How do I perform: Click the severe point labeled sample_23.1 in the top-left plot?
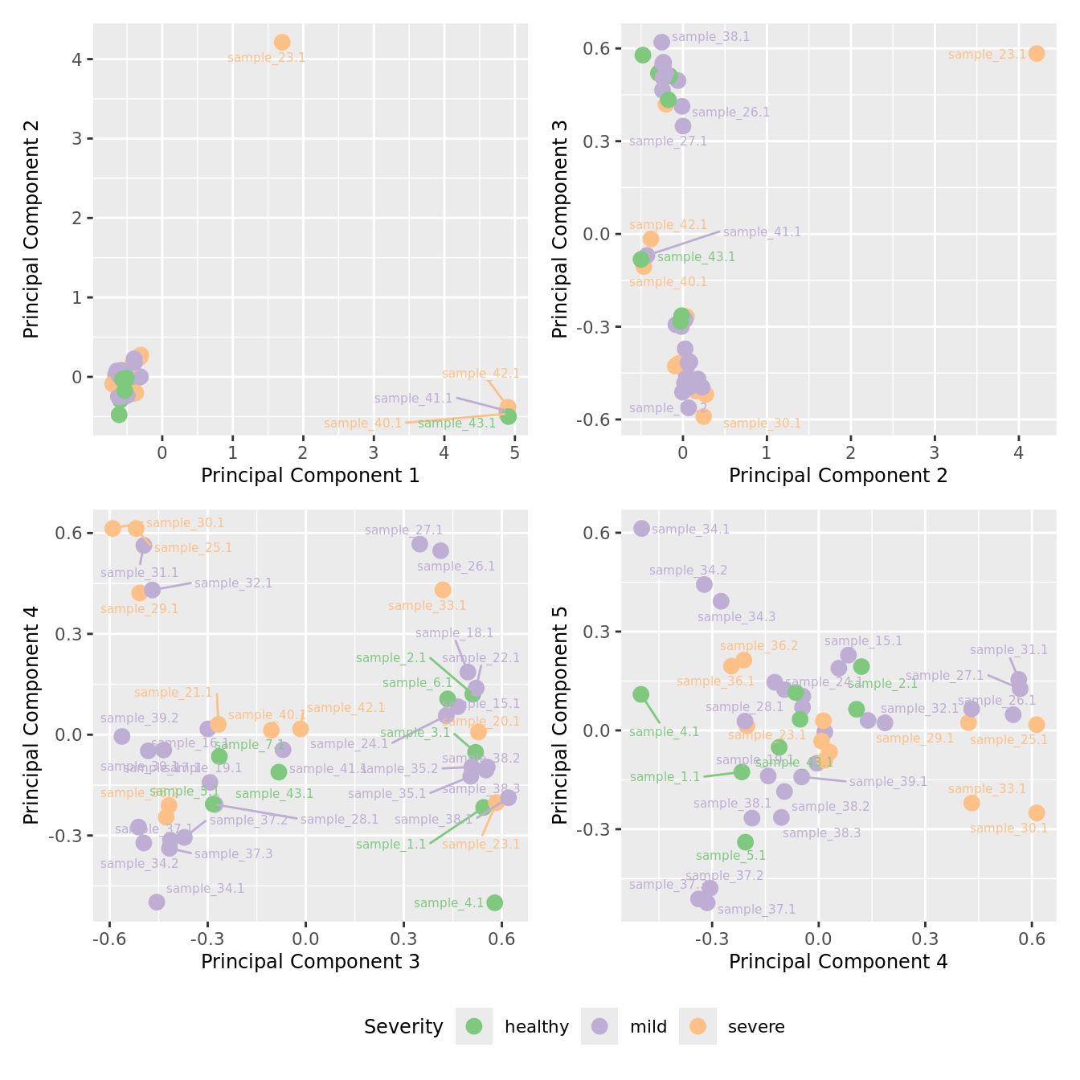(282, 43)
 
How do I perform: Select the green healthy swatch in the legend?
(474, 1026)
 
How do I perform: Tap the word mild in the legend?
(648, 1027)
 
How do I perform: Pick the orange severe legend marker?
(697, 1026)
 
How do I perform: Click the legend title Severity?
(403, 1027)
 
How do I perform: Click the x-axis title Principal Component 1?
(310, 476)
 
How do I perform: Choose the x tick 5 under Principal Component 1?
(514, 453)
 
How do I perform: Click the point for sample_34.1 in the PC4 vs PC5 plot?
(641, 528)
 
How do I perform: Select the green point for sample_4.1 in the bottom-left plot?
(495, 902)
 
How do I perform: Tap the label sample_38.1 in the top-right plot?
(710, 37)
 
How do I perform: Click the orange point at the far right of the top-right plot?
(1037, 54)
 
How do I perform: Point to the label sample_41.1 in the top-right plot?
(762, 232)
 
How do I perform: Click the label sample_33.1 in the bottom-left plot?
(427, 606)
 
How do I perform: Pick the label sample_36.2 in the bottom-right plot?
(759, 646)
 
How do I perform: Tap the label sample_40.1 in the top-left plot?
(362, 423)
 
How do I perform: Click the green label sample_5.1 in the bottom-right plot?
(730, 857)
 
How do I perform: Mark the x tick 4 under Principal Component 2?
(1018, 453)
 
